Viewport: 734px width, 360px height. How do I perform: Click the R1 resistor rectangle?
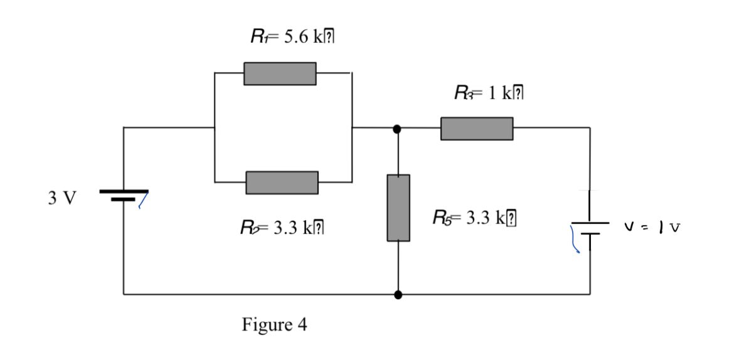pyautogui.click(x=280, y=73)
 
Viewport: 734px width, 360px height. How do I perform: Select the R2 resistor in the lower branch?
pyautogui.click(x=282, y=182)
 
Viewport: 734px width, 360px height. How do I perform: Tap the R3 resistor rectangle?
pyautogui.click(x=477, y=129)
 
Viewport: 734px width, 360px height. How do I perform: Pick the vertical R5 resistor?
pyautogui.click(x=398, y=208)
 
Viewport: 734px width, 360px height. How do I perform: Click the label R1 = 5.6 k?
pyautogui.click(x=291, y=37)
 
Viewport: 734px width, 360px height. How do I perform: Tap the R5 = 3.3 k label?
pyautogui.click(x=476, y=219)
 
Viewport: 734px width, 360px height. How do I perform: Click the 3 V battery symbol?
pyautogui.click(x=124, y=195)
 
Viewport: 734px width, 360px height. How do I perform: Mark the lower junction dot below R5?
pyautogui.click(x=398, y=294)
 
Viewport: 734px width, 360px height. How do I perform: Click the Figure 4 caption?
pyautogui.click(x=275, y=326)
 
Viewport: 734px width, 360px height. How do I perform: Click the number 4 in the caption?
pyautogui.click(x=303, y=326)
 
